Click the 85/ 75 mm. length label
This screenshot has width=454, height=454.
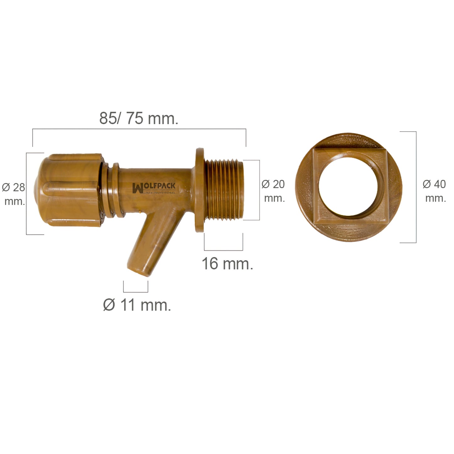pyautogui.click(x=139, y=119)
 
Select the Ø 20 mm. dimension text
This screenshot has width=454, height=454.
pyautogui.click(x=273, y=191)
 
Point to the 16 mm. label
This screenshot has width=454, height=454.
pyautogui.click(x=227, y=263)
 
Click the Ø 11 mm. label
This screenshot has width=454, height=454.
pyautogui.click(x=137, y=305)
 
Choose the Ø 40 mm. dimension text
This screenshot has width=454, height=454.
pyautogui.click(x=435, y=191)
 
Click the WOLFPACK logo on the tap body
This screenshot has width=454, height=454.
pyautogui.click(x=154, y=188)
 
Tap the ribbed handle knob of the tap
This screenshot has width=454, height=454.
pyautogui.click(x=69, y=190)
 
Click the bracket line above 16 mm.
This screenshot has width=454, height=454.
pyautogui.click(x=223, y=250)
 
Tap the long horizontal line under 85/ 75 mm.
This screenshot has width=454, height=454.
pyautogui.click(x=139, y=129)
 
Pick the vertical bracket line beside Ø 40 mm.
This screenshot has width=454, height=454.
pyautogui.click(x=416, y=187)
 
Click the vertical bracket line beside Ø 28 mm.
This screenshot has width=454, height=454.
pyautogui.click(x=26, y=194)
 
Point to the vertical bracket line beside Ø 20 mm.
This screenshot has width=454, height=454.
pyautogui.click(x=259, y=190)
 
